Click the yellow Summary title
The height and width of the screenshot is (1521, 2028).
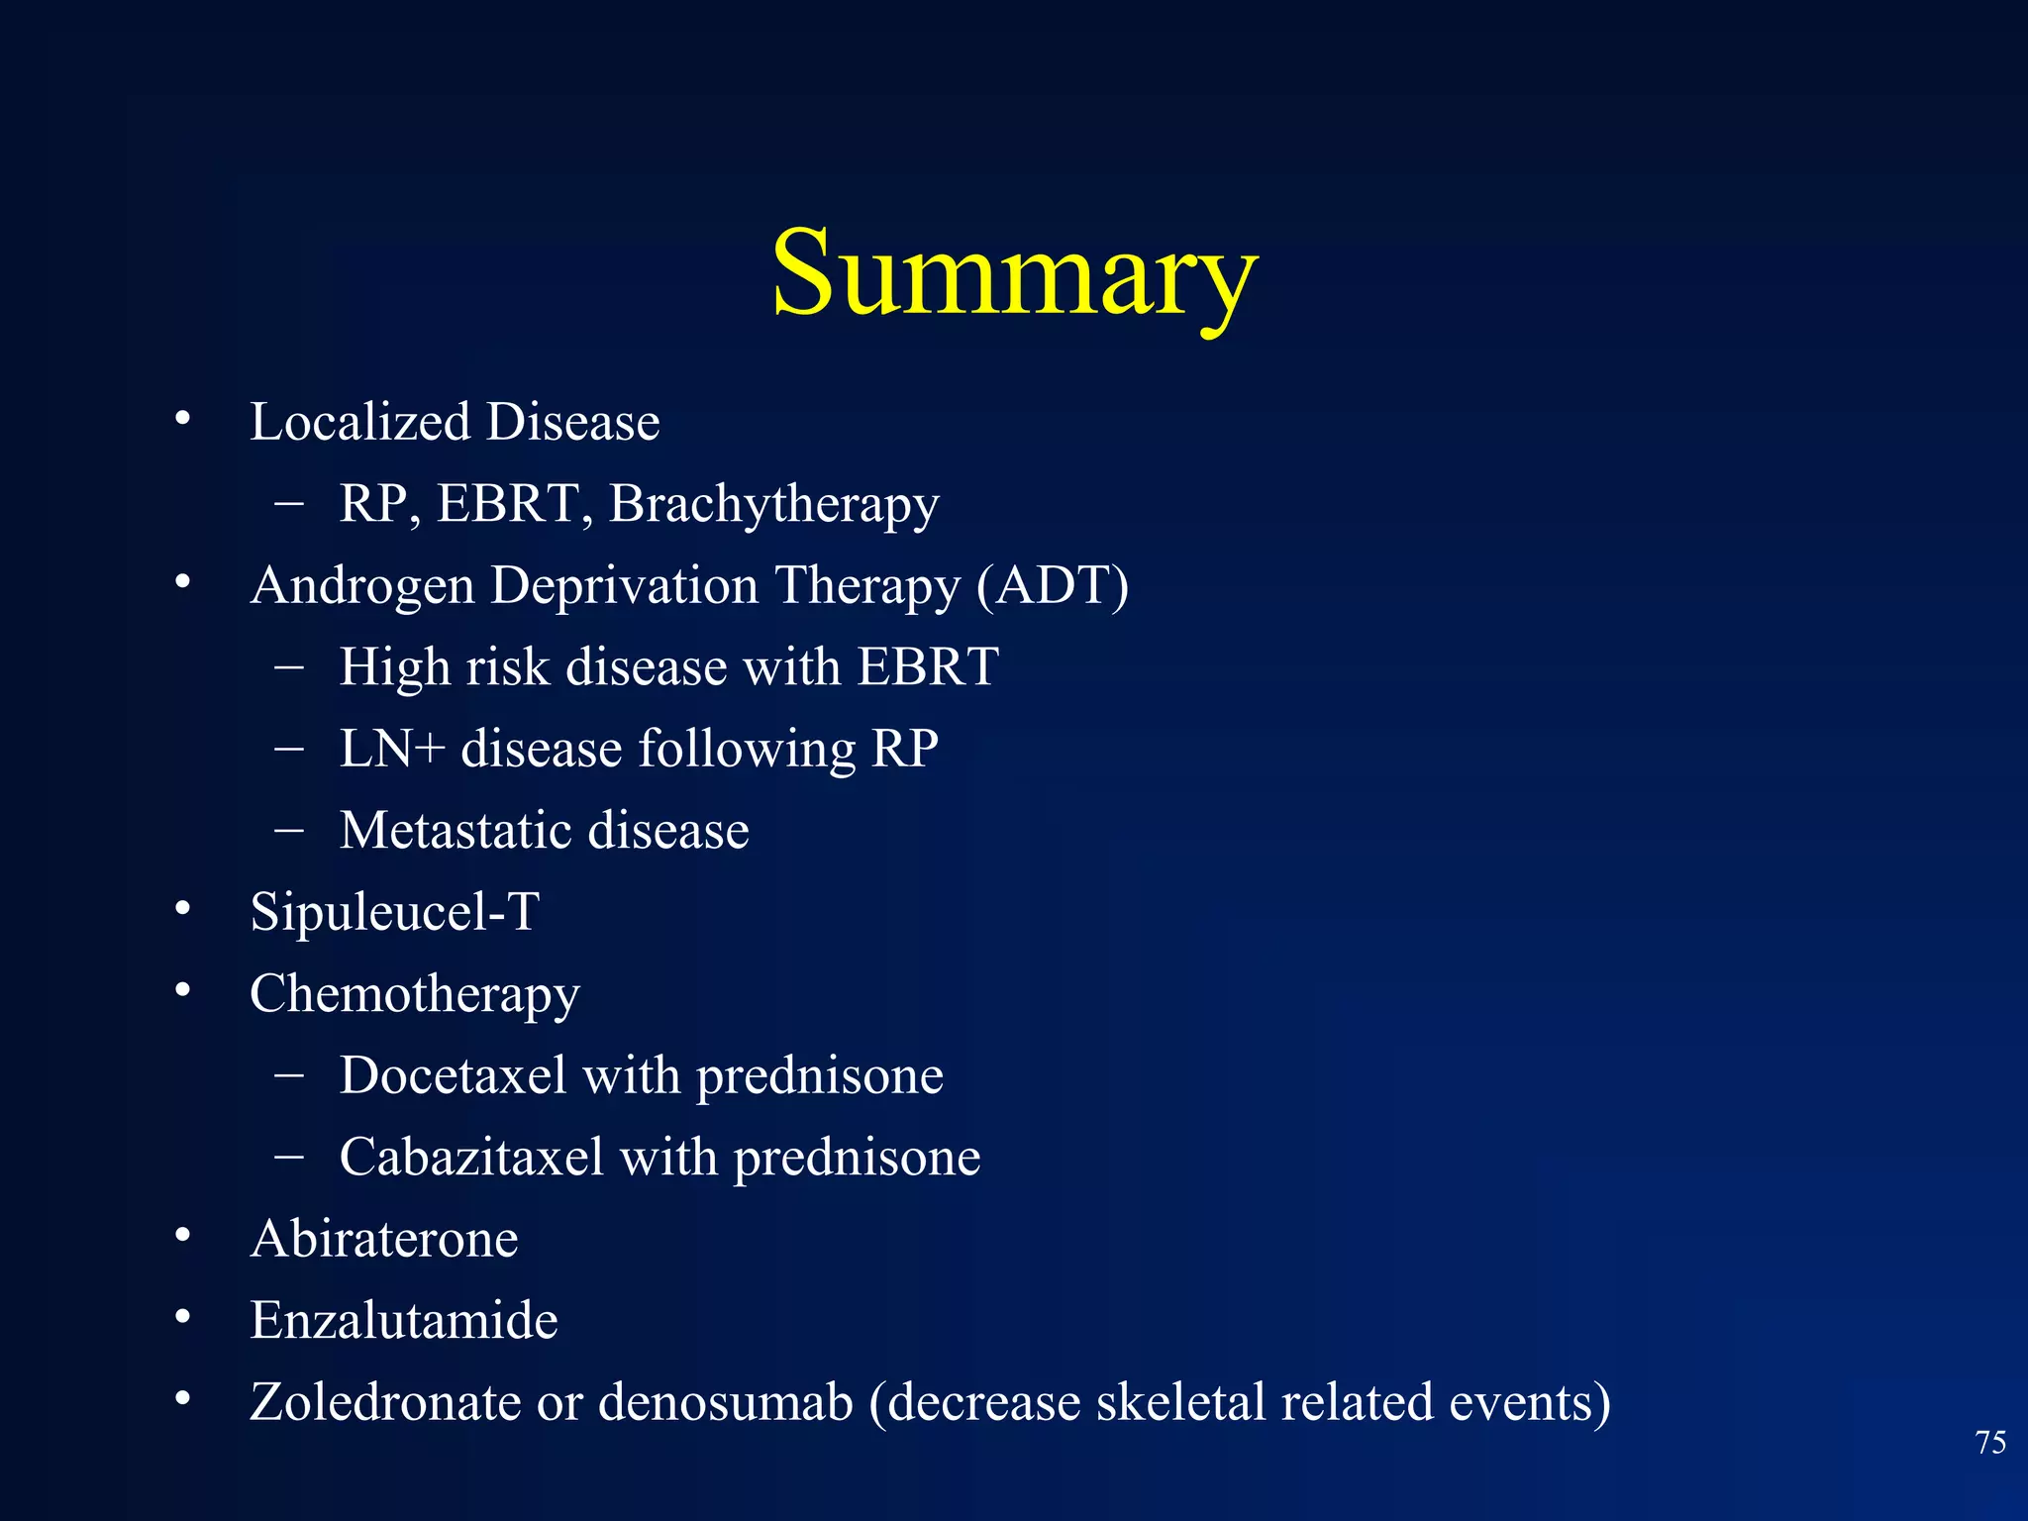tap(1014, 272)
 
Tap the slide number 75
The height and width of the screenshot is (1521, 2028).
tap(1990, 1443)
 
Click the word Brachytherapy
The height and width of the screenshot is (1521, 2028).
tap(773, 504)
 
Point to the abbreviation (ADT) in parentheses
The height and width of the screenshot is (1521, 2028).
tap(1052, 585)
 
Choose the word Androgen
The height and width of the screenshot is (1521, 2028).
tap(362, 585)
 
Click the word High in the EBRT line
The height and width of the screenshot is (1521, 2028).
tap(395, 666)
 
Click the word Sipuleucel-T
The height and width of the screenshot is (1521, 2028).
tap(394, 911)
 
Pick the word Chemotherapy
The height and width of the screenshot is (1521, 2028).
tap(414, 994)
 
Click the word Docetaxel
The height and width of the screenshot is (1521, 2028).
tap(453, 1075)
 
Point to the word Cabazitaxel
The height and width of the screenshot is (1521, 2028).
tap(471, 1157)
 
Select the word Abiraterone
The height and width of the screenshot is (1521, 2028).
tap(384, 1239)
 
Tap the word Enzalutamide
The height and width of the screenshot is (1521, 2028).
tap(404, 1320)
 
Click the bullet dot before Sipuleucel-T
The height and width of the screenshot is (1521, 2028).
tap(182, 908)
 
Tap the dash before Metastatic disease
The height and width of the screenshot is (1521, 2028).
tap(289, 829)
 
